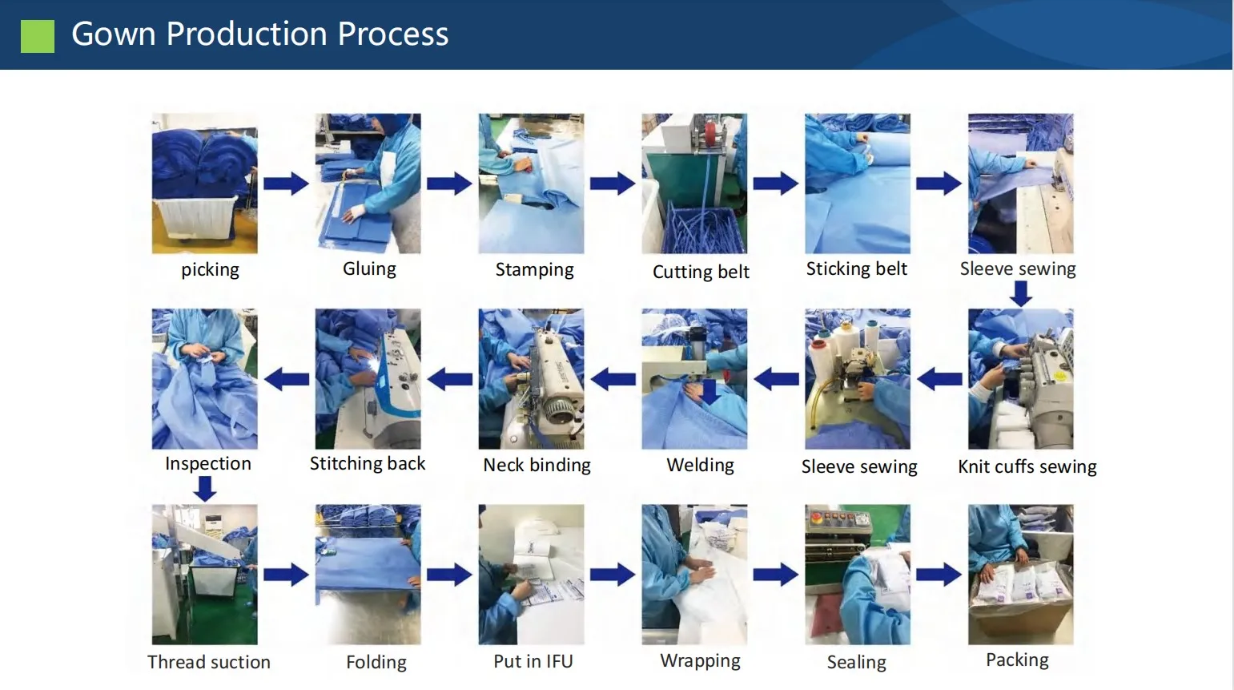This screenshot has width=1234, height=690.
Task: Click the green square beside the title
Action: pos(37,36)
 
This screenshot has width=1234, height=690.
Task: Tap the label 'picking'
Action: pos(210,270)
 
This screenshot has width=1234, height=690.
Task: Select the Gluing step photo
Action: pos(368,184)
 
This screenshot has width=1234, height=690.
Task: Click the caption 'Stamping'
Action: pos(534,270)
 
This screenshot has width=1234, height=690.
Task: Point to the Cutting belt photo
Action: pos(694,184)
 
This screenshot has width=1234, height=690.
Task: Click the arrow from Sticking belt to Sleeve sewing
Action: pos(939,184)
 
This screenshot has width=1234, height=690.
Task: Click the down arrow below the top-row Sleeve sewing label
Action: pos(1020,293)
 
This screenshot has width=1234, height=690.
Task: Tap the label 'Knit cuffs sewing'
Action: pos(1027,466)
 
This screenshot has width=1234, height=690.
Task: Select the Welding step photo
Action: pos(694,379)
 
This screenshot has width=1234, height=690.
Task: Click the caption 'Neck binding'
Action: pos(537,466)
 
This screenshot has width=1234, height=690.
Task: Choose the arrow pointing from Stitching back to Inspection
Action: pos(287,379)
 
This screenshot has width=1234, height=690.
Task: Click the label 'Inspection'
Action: pos(207,464)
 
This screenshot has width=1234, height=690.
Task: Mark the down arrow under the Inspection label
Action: pos(205,488)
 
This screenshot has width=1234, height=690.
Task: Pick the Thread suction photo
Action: pos(205,574)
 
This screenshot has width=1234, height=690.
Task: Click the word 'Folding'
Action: pos(376,663)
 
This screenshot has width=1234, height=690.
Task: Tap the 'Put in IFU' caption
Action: pos(533,662)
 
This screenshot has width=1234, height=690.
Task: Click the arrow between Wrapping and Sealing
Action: pos(775,574)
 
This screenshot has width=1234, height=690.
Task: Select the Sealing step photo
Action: pos(858,574)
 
